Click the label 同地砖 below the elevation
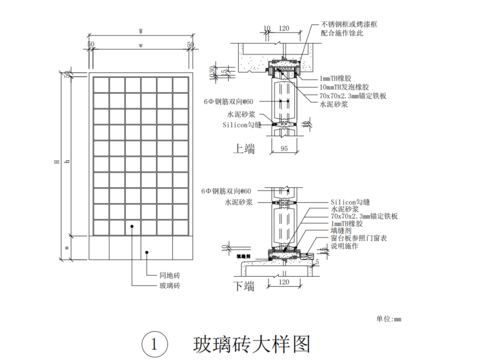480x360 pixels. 167,274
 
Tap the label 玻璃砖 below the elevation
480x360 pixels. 167,286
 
